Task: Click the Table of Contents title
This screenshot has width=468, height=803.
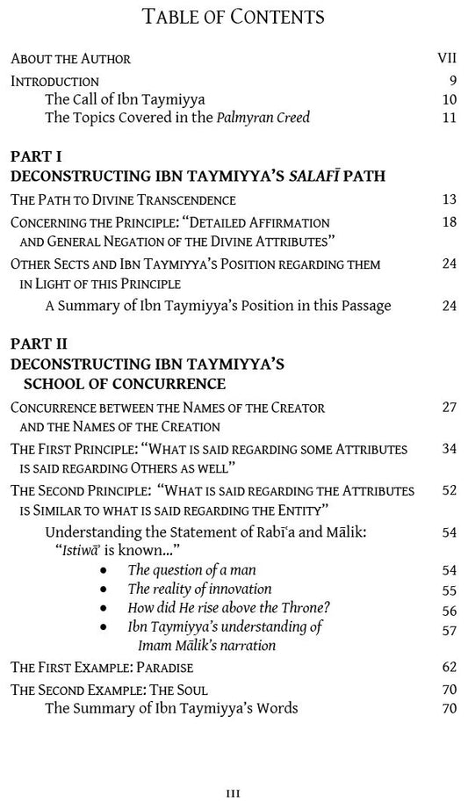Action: tap(233, 17)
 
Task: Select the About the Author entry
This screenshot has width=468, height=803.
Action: tap(70, 59)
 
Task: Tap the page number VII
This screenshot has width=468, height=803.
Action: tap(447, 59)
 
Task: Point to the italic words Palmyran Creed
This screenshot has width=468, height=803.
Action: tap(263, 118)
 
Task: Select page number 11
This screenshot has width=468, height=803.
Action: tap(450, 118)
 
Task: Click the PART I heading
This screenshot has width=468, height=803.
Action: tap(36, 156)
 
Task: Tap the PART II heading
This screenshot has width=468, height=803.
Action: tap(39, 344)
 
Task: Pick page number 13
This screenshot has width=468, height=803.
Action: tap(450, 199)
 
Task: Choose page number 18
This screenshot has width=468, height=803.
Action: tap(450, 222)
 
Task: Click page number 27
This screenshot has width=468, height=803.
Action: tap(450, 408)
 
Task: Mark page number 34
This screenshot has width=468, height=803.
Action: tap(450, 448)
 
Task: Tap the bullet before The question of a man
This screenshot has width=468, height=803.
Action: tap(104, 570)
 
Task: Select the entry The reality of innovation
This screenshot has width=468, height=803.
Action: tap(199, 590)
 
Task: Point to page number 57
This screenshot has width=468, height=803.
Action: tap(450, 627)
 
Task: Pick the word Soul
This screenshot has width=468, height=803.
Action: tap(191, 690)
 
